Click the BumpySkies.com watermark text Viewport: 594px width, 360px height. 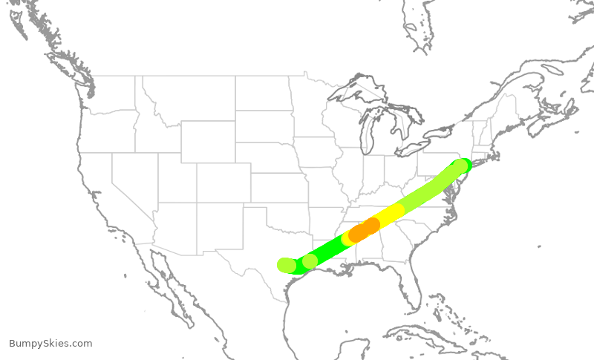[x=50, y=344]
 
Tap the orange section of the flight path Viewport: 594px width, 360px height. [x=364, y=229]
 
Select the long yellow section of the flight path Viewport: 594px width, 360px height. [x=389, y=215]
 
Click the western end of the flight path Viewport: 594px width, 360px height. [x=285, y=265]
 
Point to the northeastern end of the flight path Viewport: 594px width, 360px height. [x=462, y=165]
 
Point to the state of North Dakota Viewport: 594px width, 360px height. [x=264, y=94]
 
